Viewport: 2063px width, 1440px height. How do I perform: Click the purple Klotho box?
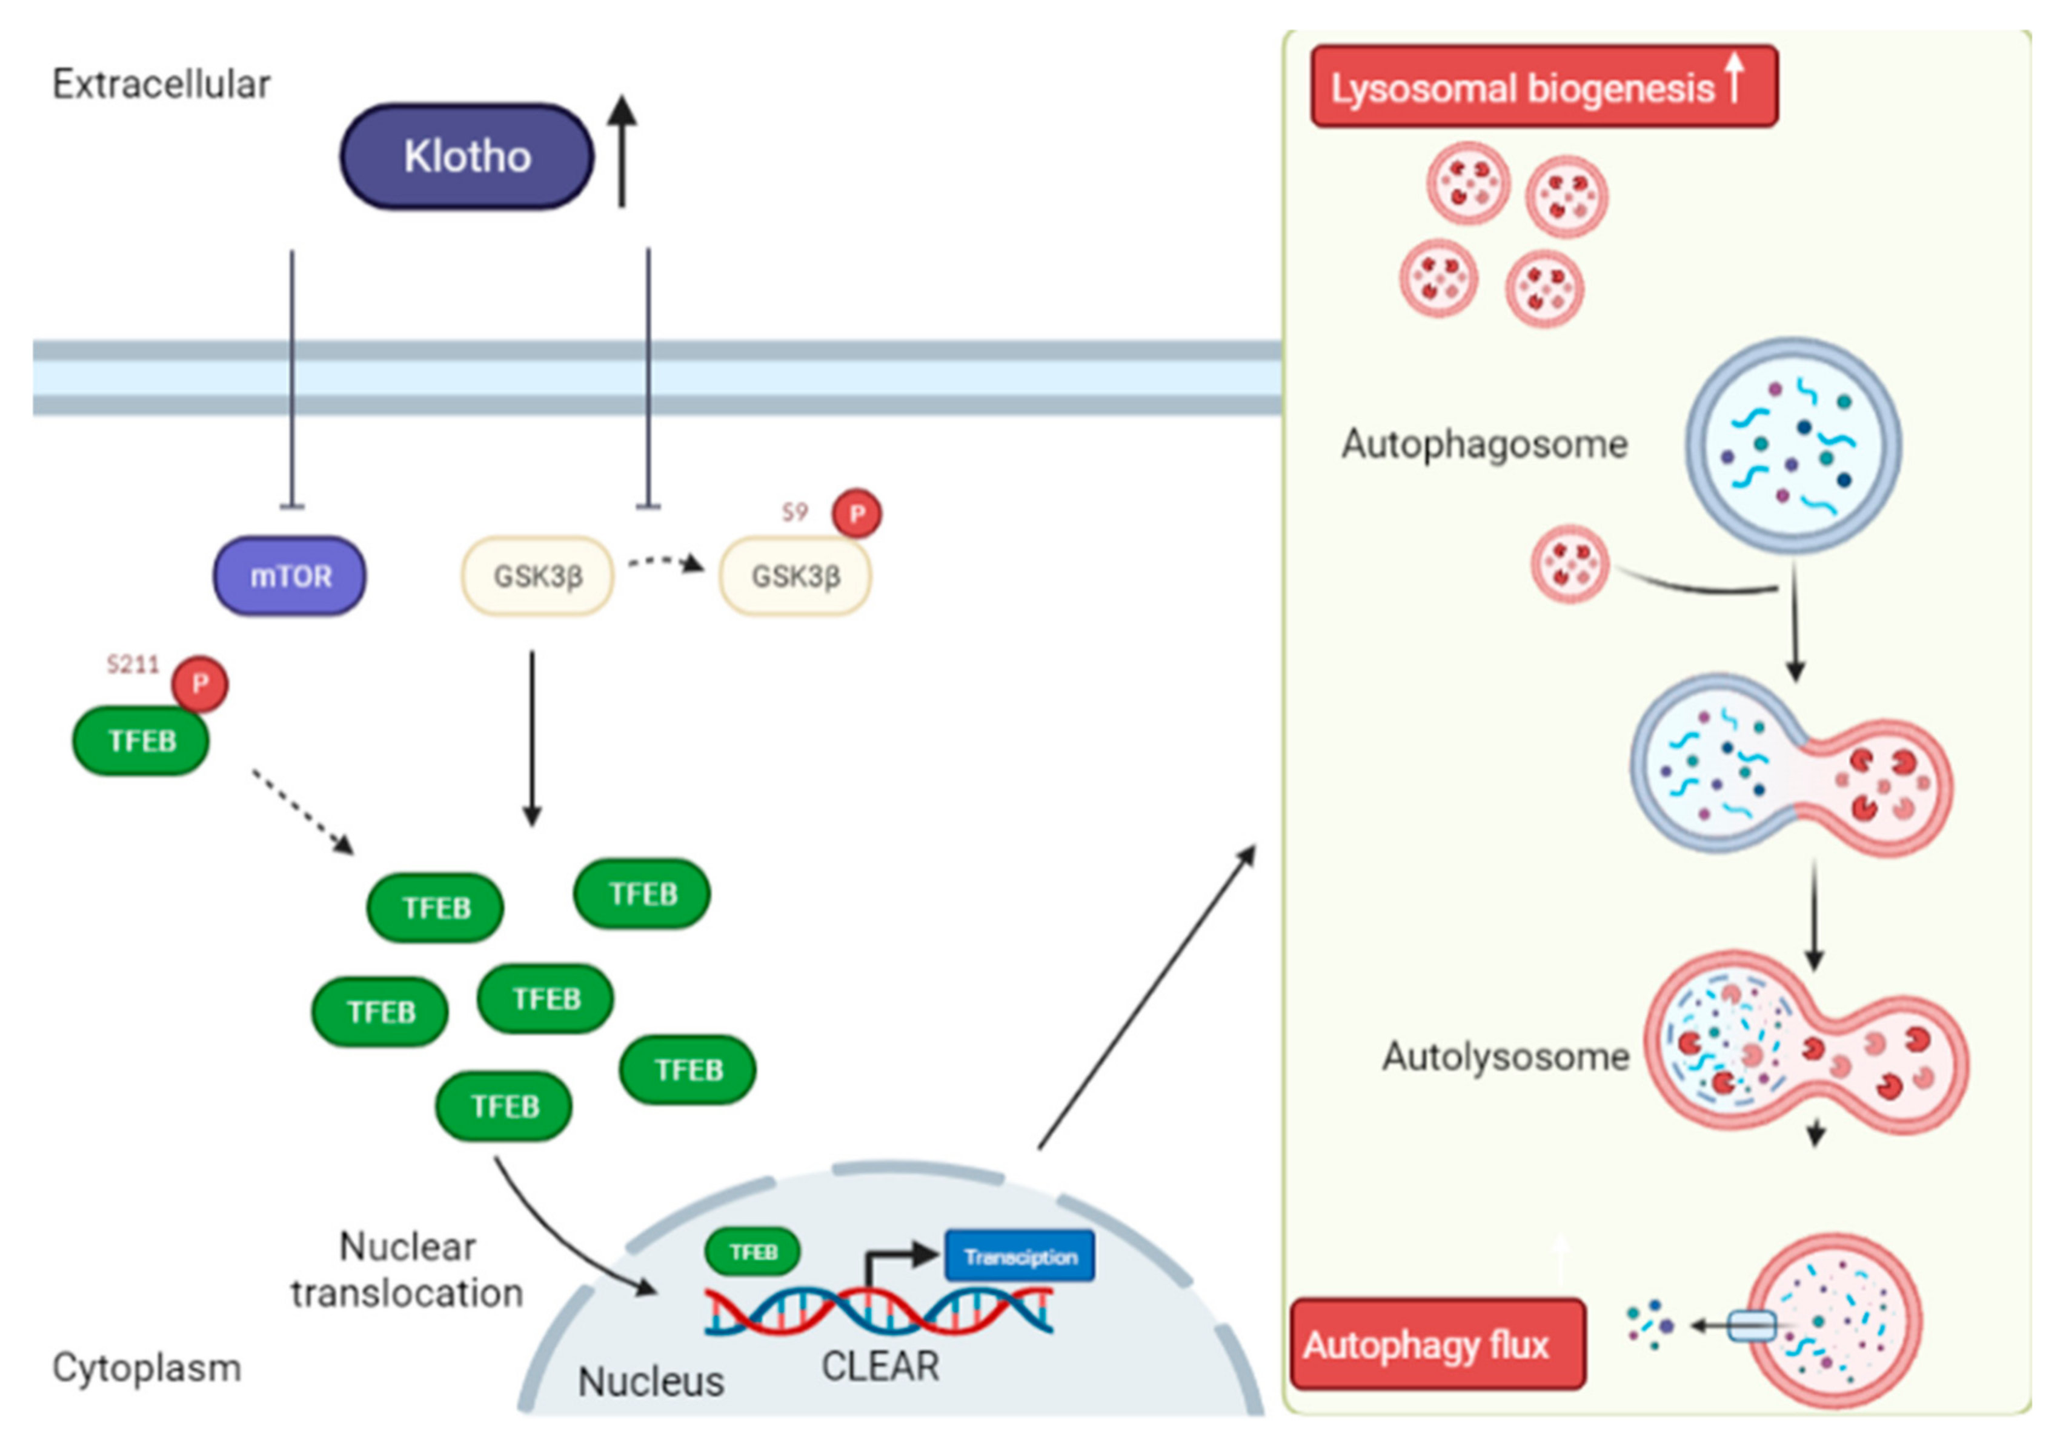(467, 156)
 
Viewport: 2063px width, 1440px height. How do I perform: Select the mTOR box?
(290, 576)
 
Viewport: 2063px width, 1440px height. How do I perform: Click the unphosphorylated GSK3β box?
(537, 576)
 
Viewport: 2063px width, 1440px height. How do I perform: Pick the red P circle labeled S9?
(856, 514)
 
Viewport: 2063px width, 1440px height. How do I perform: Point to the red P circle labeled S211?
(199, 684)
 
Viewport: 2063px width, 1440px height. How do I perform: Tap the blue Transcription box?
(1020, 1256)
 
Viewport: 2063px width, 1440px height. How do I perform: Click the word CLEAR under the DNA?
(880, 1366)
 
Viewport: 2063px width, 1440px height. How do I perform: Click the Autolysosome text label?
(1505, 1056)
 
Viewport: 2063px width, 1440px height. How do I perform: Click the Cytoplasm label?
(147, 1367)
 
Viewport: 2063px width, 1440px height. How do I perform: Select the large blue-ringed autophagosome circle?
(1793, 444)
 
